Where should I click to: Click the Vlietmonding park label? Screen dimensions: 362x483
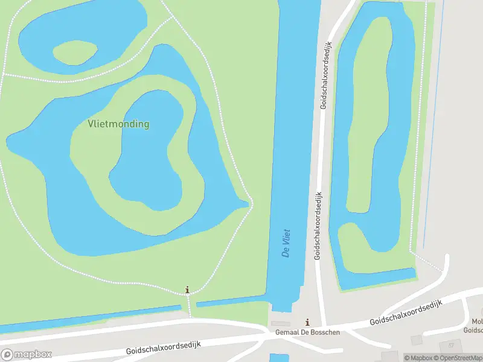coord(118,124)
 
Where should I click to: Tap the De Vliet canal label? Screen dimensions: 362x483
coord(286,243)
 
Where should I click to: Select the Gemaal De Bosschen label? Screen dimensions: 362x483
coord(307,332)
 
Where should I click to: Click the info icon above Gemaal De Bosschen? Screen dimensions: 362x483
coord(308,322)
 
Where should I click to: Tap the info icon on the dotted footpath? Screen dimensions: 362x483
coord(187,290)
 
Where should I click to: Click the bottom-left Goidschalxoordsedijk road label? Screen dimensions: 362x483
coord(163,347)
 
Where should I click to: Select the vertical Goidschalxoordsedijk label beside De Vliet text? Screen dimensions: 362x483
coord(318,226)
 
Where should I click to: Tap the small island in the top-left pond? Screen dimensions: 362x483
coord(76,52)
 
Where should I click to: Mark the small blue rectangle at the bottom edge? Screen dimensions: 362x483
coord(278,357)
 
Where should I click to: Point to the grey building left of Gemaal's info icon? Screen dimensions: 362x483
coord(280,323)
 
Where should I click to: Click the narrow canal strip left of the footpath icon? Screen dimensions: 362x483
coord(91,317)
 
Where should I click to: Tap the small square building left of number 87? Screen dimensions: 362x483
coord(417,340)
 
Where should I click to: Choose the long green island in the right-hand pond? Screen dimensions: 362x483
coord(368,121)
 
